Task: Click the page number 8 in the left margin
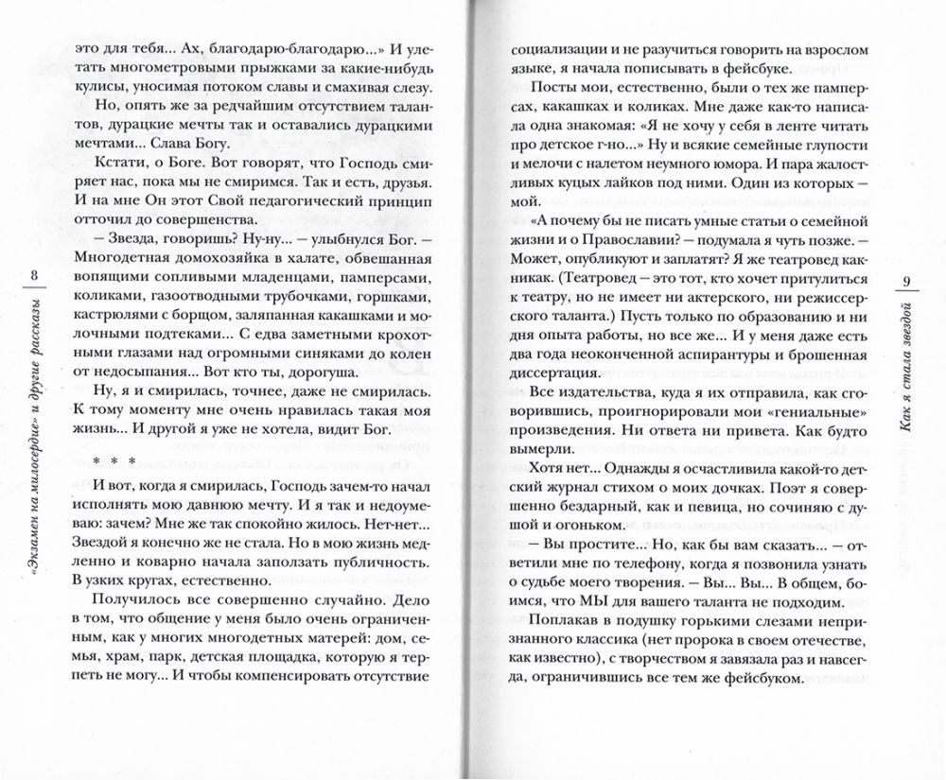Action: click(x=35, y=275)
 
